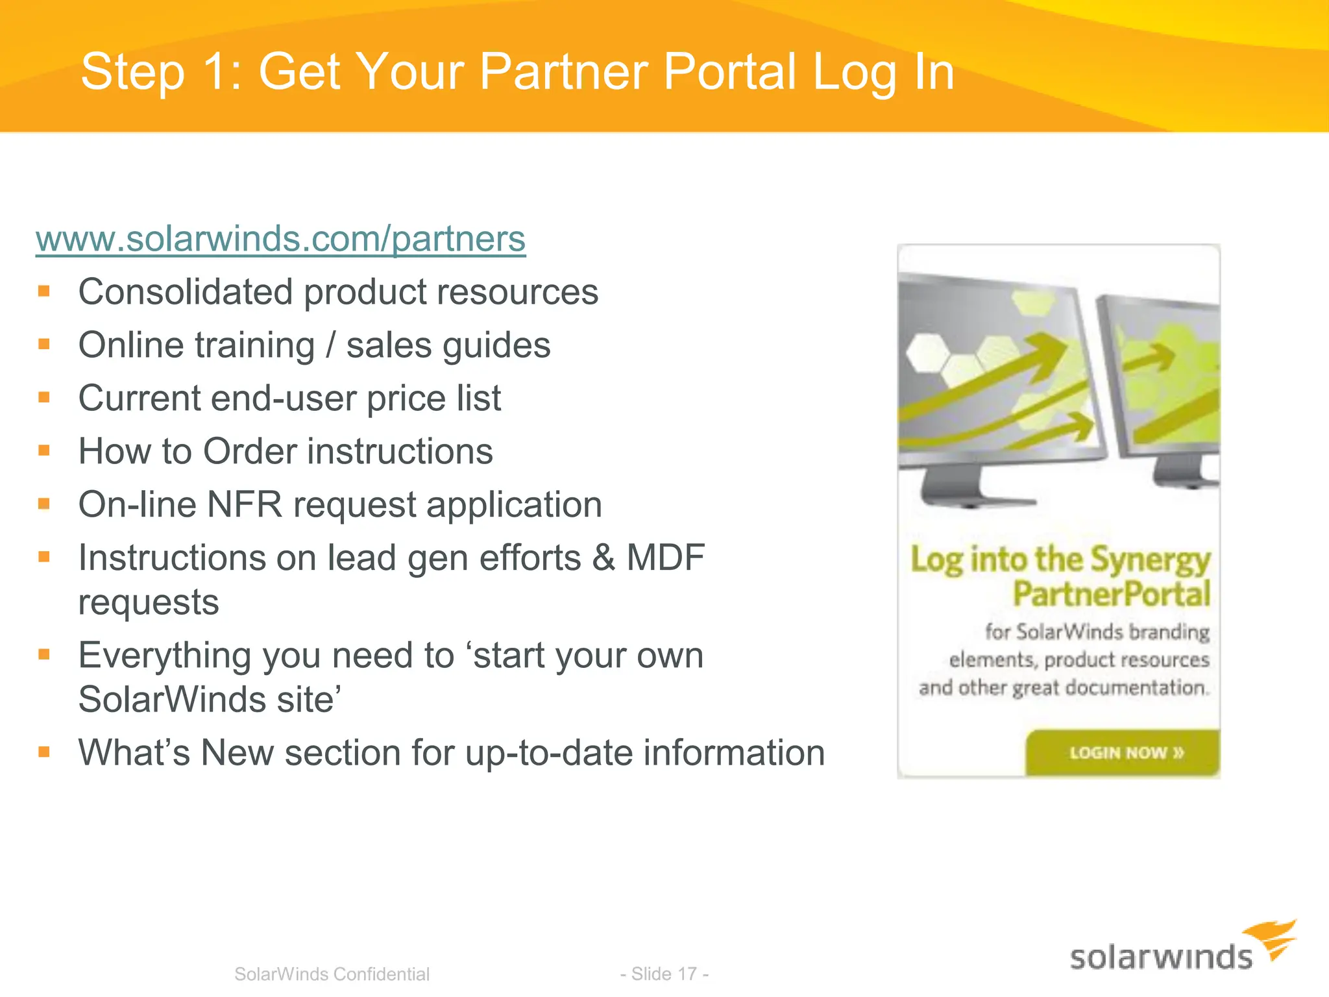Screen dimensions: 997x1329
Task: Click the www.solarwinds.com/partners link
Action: coord(280,239)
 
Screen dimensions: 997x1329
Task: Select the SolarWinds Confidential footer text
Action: coord(332,974)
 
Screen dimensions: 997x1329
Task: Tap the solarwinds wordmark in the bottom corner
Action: coord(1161,958)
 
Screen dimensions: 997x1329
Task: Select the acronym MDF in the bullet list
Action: coord(665,558)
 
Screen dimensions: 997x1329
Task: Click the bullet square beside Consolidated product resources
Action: coord(44,291)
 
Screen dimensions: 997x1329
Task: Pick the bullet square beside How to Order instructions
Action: coord(44,450)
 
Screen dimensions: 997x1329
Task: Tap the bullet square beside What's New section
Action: coord(44,752)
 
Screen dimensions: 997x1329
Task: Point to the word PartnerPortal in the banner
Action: coord(1112,594)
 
